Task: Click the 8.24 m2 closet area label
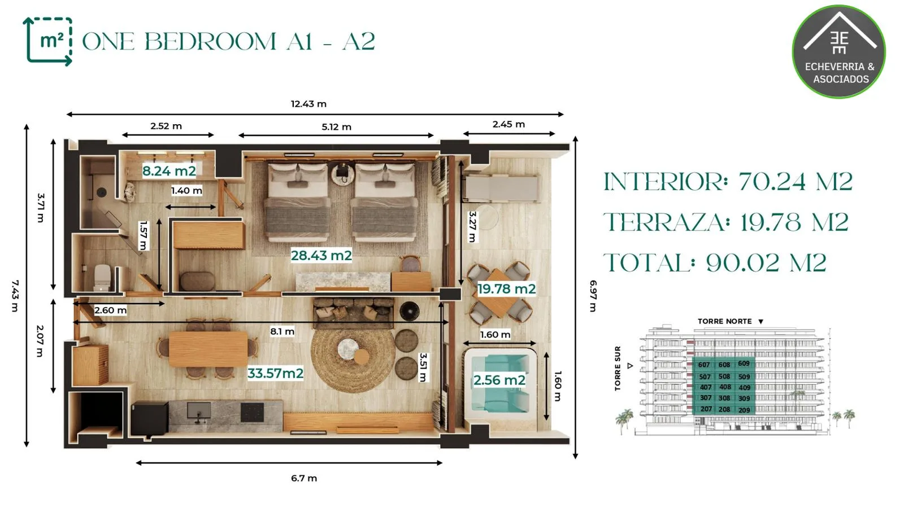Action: point(169,171)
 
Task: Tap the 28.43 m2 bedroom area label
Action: point(321,255)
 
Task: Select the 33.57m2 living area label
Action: point(275,373)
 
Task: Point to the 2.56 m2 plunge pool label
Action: point(499,380)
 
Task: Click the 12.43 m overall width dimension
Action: point(308,104)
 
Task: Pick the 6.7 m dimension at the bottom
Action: point(304,479)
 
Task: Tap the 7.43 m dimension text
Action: point(15,296)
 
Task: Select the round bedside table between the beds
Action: point(343,173)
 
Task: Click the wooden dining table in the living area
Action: point(208,349)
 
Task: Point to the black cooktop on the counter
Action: point(252,412)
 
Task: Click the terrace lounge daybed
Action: point(501,188)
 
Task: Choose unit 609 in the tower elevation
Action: point(744,364)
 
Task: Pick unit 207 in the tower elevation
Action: point(706,409)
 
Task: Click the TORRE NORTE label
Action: point(725,321)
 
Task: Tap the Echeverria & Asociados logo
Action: point(839,51)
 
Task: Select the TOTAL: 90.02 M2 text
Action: point(715,263)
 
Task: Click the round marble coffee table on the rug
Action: point(348,349)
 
